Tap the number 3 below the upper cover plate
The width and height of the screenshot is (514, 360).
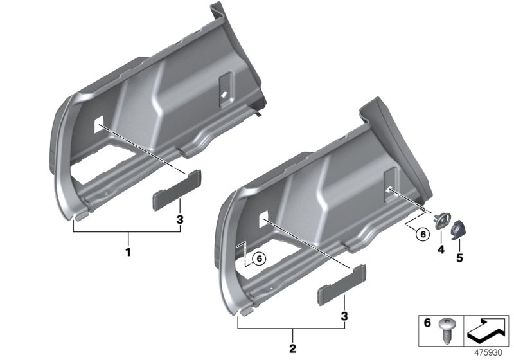click(181, 221)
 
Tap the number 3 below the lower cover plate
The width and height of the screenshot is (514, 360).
click(346, 316)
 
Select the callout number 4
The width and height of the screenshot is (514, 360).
click(440, 249)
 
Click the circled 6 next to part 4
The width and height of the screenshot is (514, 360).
click(421, 234)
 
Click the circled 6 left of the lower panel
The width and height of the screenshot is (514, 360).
click(258, 258)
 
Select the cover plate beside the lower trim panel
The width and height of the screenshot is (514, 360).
click(333, 292)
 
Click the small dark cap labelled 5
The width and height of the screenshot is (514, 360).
click(461, 228)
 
